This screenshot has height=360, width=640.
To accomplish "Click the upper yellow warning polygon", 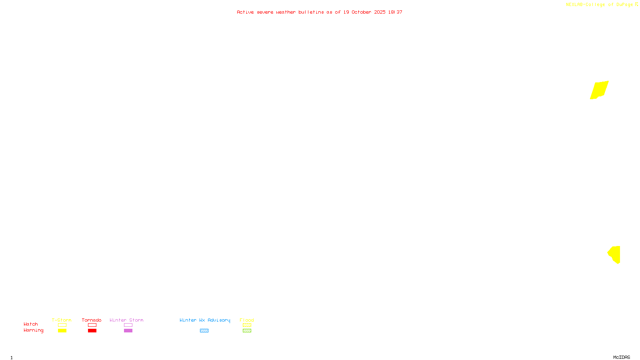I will click(599, 90).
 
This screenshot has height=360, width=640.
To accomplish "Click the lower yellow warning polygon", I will click(615, 254).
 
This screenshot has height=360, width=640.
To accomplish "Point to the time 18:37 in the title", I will click(395, 12).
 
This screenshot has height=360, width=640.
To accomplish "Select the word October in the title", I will click(361, 12).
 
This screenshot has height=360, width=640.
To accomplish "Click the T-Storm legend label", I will click(62, 320).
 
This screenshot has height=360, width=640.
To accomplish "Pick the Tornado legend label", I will click(92, 320).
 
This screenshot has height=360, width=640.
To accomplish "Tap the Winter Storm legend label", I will click(126, 320).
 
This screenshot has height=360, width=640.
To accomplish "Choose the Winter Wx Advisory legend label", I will click(205, 320).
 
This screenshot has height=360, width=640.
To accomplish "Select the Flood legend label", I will click(247, 320).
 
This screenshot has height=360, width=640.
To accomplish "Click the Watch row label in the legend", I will click(31, 324).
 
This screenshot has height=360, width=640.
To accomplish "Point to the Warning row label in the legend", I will click(34, 330).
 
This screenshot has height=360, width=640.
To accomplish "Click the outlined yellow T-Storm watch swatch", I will click(62, 325).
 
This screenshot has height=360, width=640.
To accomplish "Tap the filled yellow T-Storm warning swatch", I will click(62, 331).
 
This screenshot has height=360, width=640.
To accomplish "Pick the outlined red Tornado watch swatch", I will click(92, 325).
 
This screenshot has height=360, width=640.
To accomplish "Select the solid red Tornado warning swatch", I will click(92, 331).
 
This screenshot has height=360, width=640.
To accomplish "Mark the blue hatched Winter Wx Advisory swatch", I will click(204, 331).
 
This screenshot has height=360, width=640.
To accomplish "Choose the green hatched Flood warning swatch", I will click(247, 331).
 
